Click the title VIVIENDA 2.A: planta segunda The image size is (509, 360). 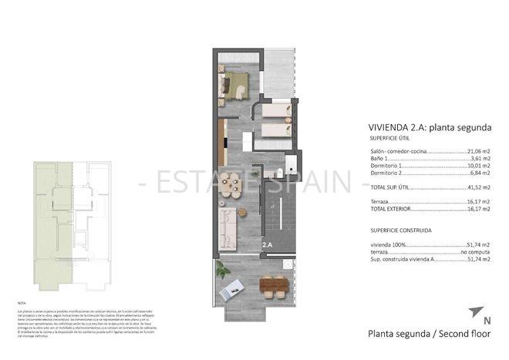tap(426, 127)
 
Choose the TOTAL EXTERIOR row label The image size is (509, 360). tap(390, 207)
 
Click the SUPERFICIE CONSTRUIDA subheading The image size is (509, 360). tap(399, 229)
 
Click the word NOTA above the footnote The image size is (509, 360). tap(22, 304)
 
